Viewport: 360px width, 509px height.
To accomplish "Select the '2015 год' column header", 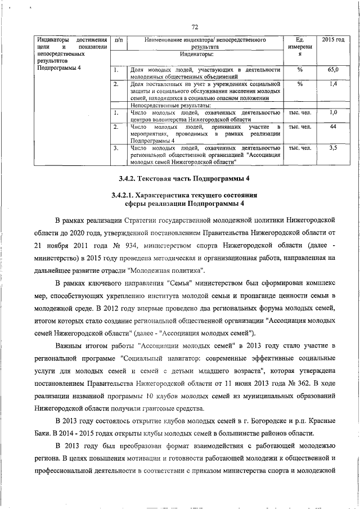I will [x=333, y=40].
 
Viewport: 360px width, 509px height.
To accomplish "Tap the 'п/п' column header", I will [x=118, y=40].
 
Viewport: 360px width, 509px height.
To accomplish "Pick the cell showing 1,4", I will [x=333, y=84].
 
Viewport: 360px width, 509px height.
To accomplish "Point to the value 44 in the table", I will [x=333, y=128].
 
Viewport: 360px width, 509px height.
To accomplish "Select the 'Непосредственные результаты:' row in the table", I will [x=171, y=105].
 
